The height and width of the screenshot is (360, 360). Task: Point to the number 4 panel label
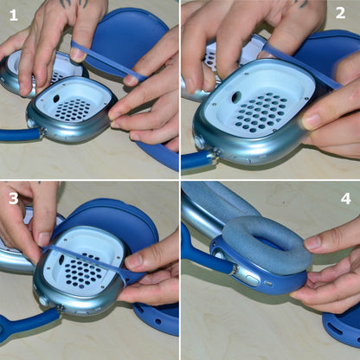344,197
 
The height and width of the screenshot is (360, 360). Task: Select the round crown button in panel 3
43,299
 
